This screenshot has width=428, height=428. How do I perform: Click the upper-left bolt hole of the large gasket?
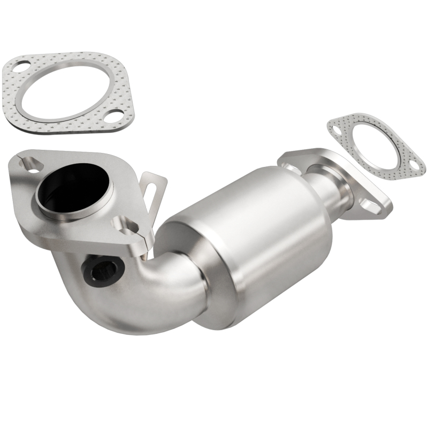[20, 68]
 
